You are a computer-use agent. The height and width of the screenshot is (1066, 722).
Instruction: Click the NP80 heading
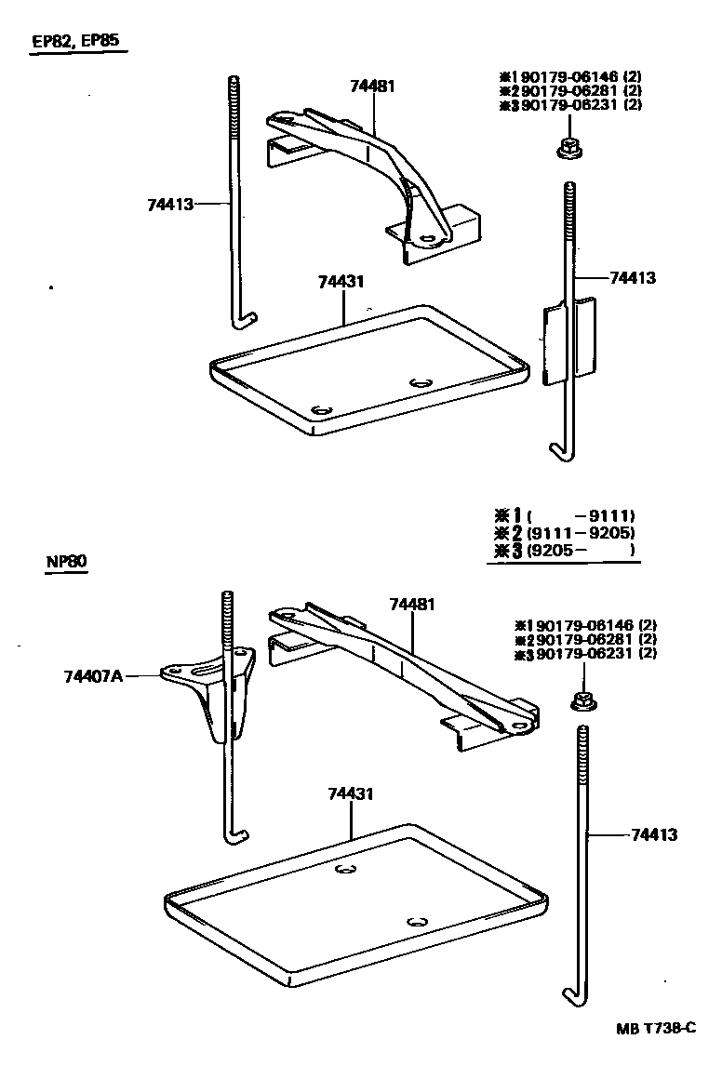[65, 563]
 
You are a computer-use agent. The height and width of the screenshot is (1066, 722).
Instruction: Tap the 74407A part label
[93, 676]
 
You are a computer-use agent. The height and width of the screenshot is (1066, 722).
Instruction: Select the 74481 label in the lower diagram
[412, 605]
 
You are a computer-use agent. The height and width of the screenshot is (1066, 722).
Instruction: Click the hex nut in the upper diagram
[568, 146]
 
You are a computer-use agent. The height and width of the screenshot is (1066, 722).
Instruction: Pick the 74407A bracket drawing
[220, 693]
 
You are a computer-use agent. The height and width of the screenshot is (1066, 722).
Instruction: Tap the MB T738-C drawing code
[655, 1028]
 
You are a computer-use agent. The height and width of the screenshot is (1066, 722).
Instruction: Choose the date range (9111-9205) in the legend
[580, 533]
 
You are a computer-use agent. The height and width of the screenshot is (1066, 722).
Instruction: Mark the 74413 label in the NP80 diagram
[653, 834]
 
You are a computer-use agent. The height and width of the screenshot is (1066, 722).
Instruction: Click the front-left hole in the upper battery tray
[323, 410]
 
